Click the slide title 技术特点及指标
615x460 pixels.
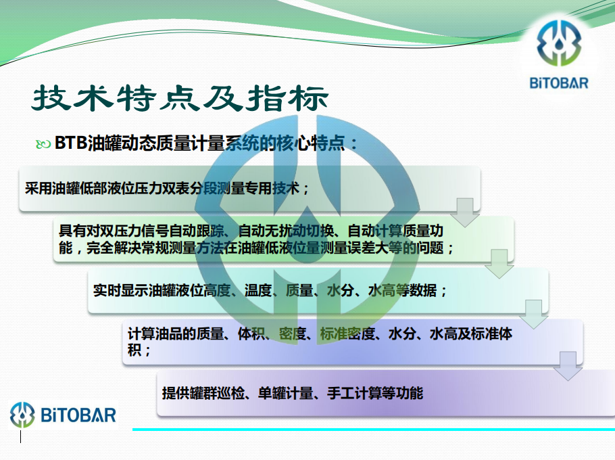pos(180,97)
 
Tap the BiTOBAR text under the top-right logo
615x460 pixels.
pos(559,83)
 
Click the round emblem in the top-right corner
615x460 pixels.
pos(559,43)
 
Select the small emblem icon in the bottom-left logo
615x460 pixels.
pos(22,415)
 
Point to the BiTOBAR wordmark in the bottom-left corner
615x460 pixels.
pos(78,415)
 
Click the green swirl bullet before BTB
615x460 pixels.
pos(43,145)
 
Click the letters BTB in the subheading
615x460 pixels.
pos(70,143)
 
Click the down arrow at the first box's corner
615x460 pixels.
pos(465,212)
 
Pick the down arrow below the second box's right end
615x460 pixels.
pos(499,264)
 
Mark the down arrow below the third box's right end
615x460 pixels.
pos(533,315)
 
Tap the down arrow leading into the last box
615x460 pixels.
pos(568,366)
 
